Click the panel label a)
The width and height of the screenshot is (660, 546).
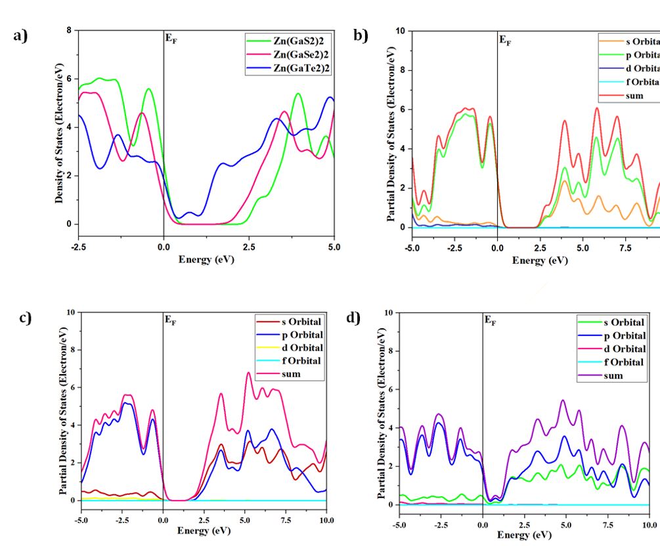click(x=21, y=35)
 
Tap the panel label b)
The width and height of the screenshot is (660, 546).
click(x=361, y=35)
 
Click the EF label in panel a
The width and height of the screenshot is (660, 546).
click(x=171, y=39)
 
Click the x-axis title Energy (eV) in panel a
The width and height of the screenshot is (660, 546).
click(x=206, y=259)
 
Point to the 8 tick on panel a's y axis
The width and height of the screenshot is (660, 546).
click(x=68, y=30)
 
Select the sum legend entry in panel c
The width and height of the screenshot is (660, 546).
click(x=290, y=374)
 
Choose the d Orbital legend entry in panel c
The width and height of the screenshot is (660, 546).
click(x=290, y=347)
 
